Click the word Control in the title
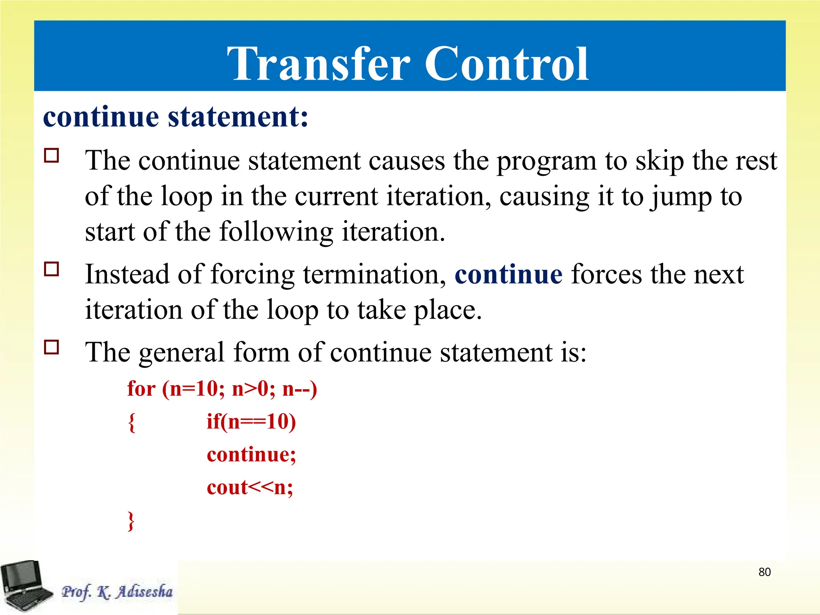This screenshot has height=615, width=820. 506,64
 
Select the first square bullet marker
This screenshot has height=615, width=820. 52,155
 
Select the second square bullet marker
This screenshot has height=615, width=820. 52,269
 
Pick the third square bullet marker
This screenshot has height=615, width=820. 52,347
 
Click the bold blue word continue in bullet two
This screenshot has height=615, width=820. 508,275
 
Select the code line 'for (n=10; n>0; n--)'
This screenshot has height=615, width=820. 222,389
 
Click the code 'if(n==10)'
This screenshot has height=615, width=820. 251,422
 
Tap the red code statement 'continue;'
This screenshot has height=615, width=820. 251,454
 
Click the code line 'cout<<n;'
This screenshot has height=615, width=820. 250,487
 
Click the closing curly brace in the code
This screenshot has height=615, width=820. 131,521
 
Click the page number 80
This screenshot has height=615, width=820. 764,572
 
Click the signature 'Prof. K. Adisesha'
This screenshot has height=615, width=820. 117,592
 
